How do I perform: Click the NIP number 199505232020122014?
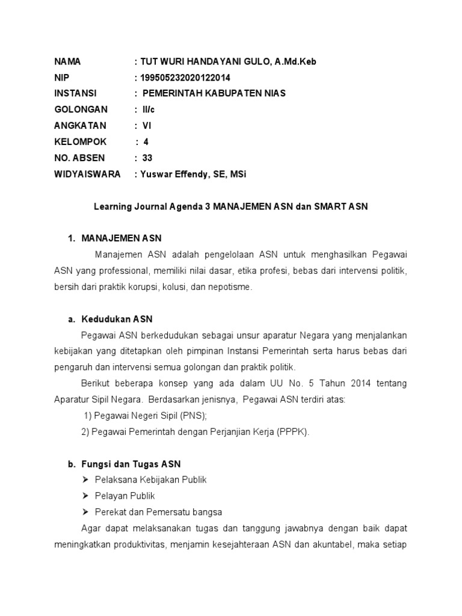point(185,78)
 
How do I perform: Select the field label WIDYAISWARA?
point(87,174)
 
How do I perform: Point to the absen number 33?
point(147,158)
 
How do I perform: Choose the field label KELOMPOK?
point(81,142)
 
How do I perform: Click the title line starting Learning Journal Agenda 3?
point(230,206)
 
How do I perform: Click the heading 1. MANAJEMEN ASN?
point(115,239)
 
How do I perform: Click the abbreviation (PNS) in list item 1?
point(195,416)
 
